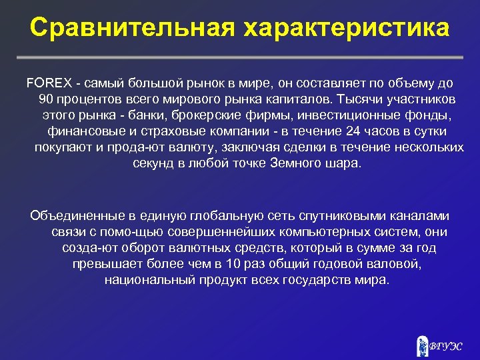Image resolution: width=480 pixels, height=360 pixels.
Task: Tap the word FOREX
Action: pyautogui.click(x=45, y=83)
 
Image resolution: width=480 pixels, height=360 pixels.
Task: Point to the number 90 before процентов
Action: pyautogui.click(x=46, y=99)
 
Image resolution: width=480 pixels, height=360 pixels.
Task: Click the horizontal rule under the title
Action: pyautogui.click(x=240, y=57)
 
